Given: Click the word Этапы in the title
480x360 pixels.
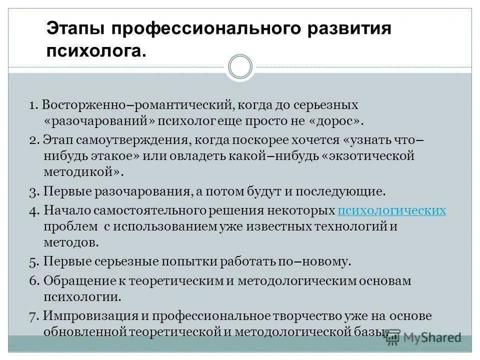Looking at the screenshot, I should tap(75, 28).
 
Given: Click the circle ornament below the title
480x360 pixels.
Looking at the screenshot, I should tap(239, 66).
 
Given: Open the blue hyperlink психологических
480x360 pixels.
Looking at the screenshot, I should tap(391, 210).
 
